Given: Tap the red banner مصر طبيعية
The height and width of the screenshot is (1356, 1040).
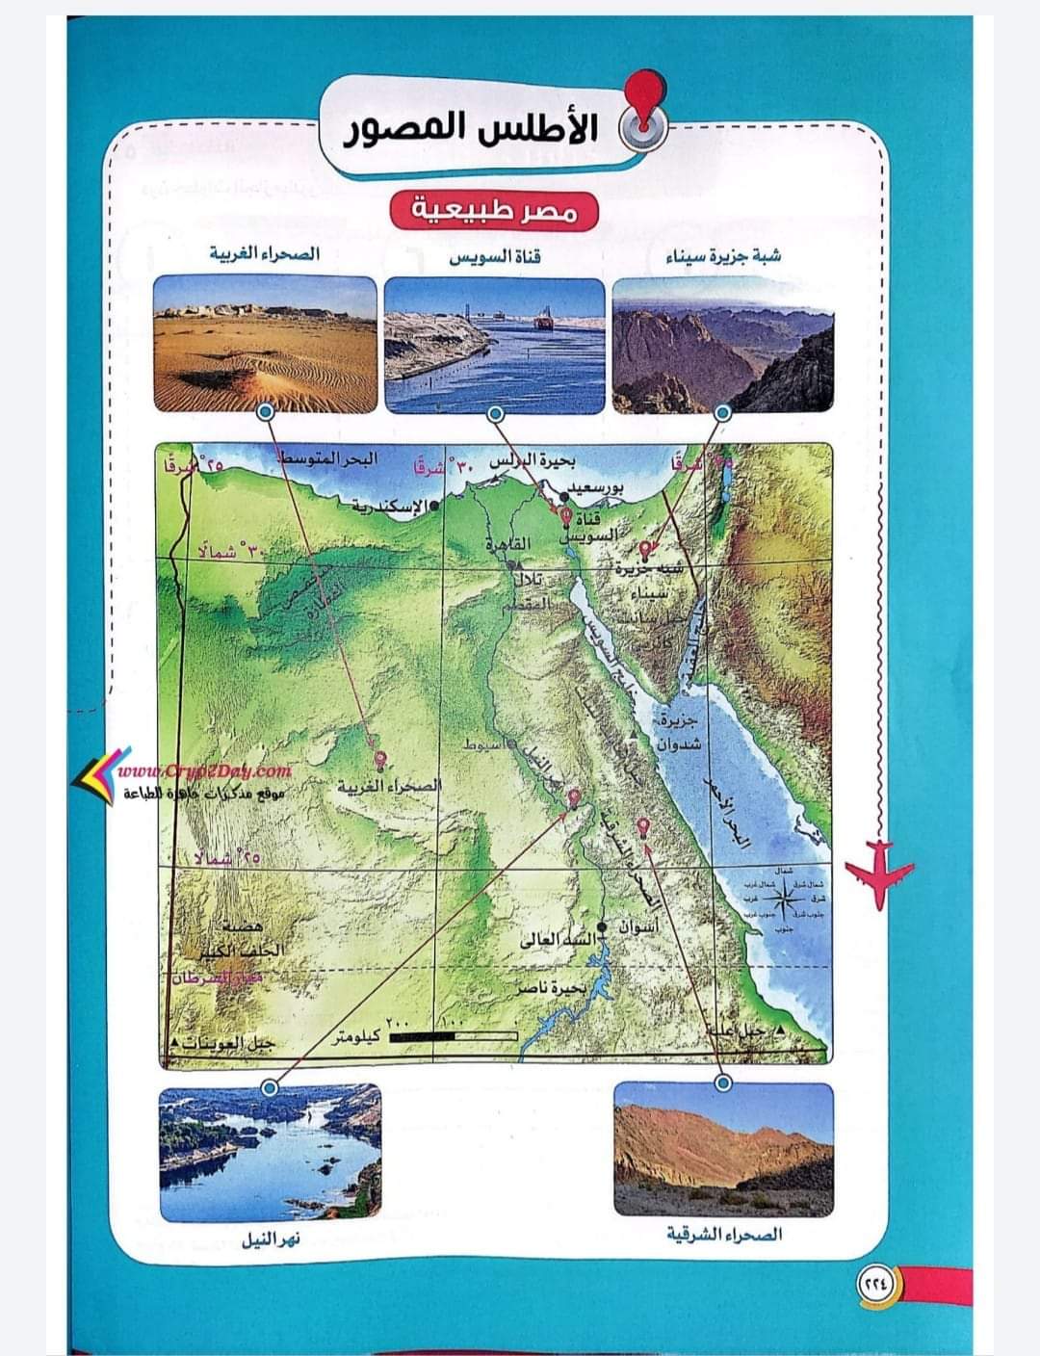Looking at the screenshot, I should coord(493,209).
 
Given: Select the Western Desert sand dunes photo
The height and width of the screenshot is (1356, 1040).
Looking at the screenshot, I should coord(265,343).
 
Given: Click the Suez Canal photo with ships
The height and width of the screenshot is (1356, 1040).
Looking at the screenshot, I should coord(494,343).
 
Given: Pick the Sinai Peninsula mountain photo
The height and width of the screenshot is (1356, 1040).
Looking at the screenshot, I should coord(722,343).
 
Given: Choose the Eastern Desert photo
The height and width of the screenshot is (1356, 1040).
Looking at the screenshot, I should coord(722,1147).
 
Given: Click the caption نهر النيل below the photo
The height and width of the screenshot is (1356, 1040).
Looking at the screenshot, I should coord(271,1239).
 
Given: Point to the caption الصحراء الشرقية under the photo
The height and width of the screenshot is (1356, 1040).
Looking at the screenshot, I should coord(724,1234).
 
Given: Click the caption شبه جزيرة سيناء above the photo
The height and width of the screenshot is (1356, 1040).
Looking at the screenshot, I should coord(723,256).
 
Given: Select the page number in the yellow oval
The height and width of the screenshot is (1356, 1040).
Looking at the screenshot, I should coord(877,1283).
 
